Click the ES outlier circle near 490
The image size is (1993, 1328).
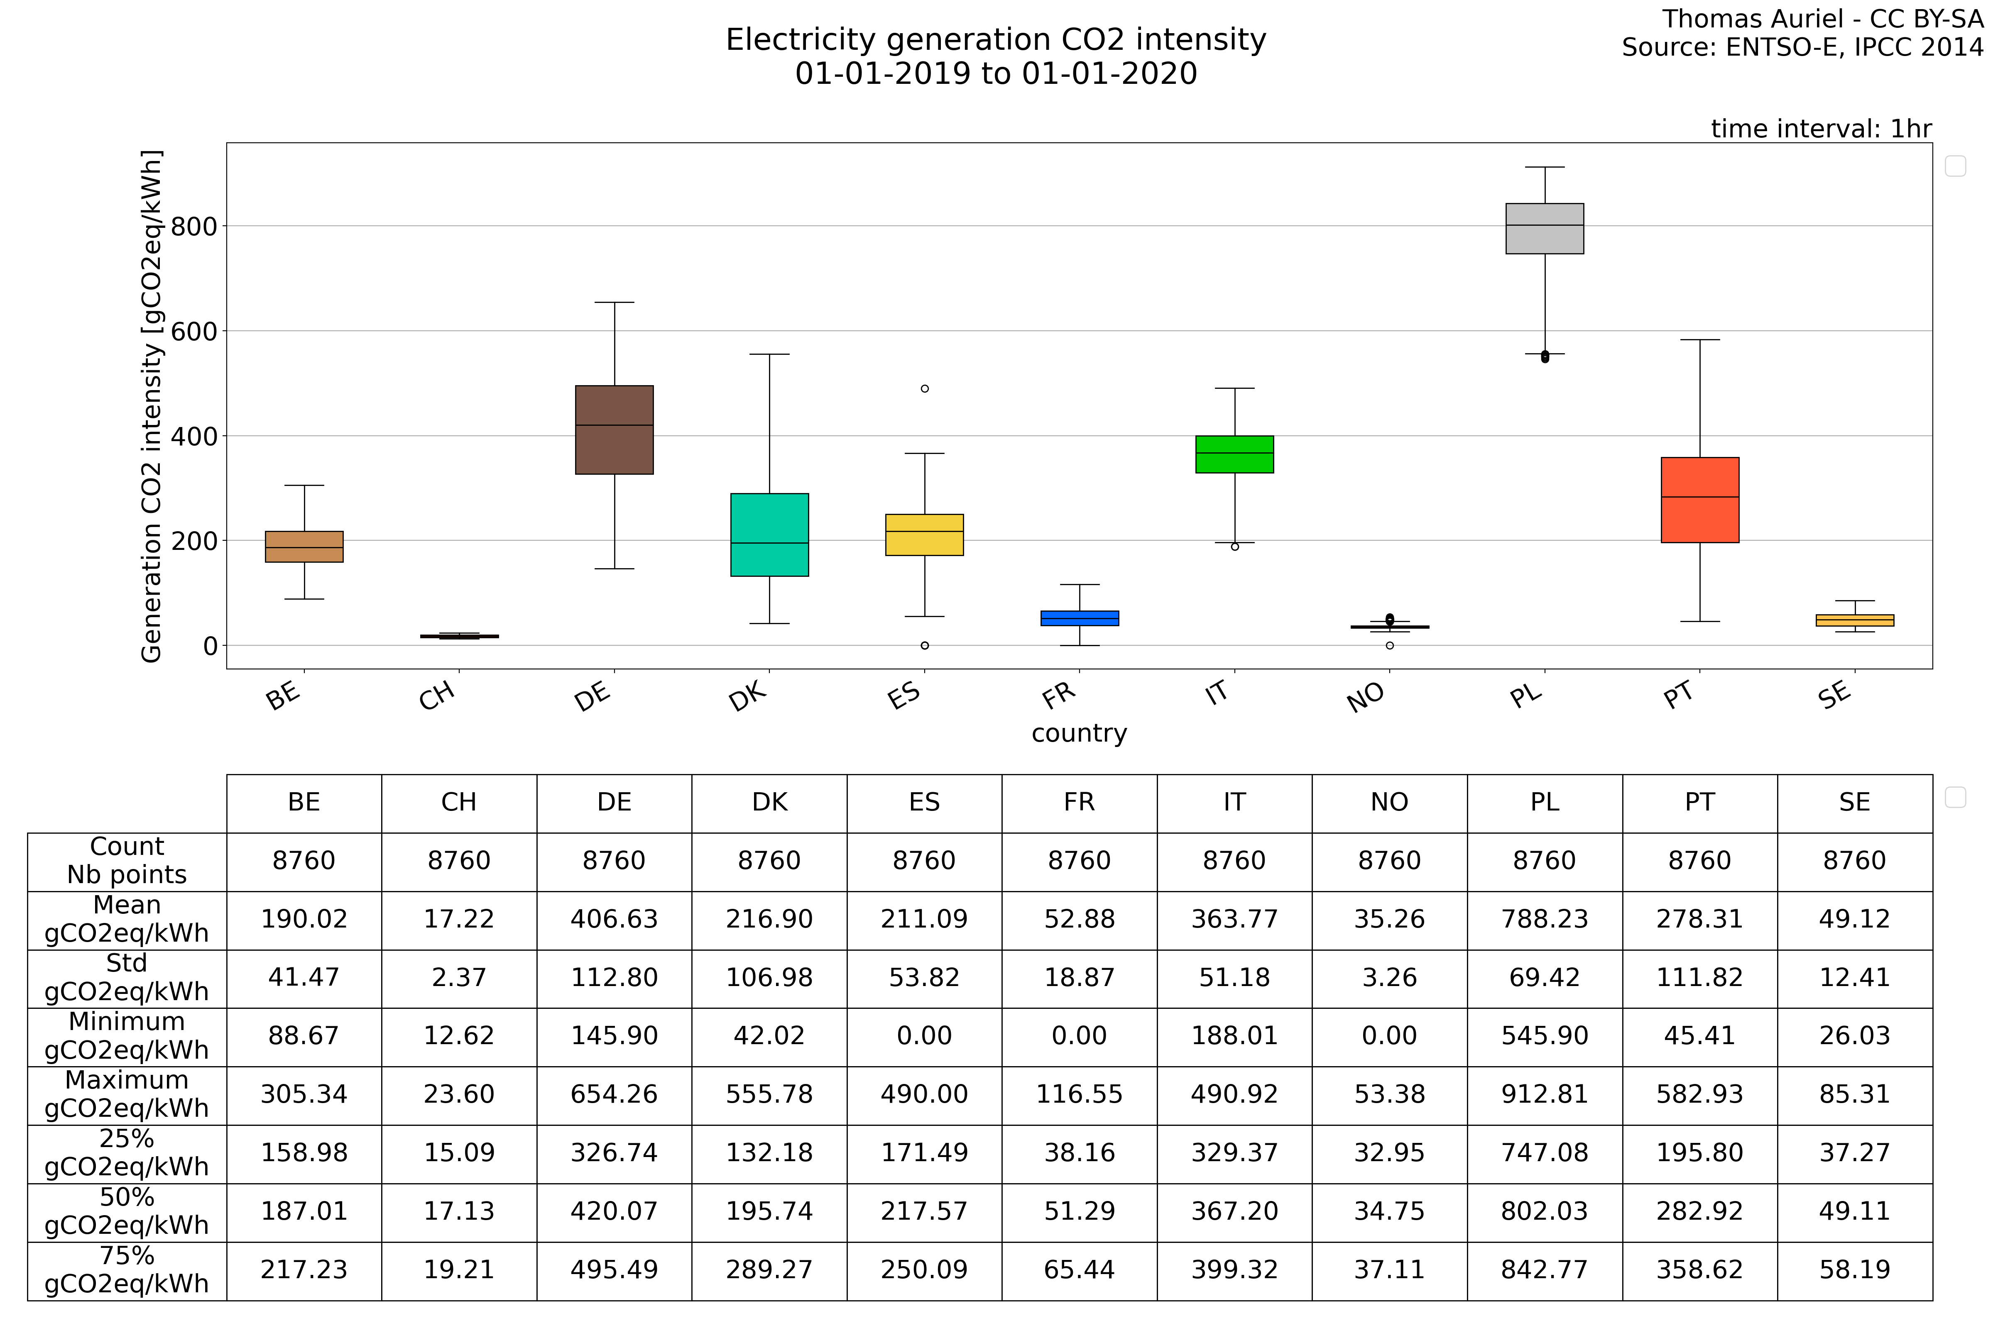(x=925, y=389)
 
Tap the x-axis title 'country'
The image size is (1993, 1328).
(x=1079, y=733)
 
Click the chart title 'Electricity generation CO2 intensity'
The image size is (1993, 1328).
(x=996, y=40)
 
